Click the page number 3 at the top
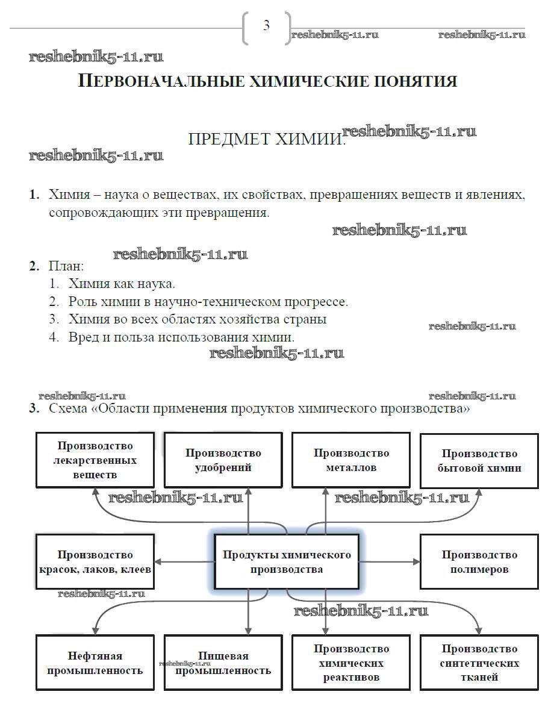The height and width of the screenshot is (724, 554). pos(266,26)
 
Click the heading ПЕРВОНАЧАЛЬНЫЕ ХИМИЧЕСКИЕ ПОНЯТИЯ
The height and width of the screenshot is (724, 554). pos(268,81)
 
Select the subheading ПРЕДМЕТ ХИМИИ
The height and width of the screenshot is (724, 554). pos(265,140)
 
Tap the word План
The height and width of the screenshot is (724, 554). pos(66,266)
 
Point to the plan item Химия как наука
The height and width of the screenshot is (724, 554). pos(122,284)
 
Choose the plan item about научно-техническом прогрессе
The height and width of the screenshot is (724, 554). pos(208,302)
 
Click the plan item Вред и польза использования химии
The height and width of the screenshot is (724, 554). pos(181,337)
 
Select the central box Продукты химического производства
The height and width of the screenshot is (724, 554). pos(287,561)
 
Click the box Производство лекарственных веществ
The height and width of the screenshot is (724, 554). pos(96,460)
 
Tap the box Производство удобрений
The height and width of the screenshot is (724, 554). pos(223,460)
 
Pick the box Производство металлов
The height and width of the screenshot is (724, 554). pos(351,460)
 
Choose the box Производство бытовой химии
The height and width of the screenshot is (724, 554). pos(479,460)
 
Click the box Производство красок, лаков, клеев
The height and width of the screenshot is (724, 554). pos(95,562)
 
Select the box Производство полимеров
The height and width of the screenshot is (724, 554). pos(479,562)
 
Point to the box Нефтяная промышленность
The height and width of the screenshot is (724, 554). pos(95,663)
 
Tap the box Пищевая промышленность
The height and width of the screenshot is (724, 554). pos(223,663)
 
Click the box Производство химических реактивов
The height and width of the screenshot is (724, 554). pos(351,663)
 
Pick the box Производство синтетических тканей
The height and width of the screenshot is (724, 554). pos(479,663)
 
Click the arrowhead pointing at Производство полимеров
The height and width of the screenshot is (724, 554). pos(417,561)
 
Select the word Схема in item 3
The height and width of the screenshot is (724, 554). pos(69,409)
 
